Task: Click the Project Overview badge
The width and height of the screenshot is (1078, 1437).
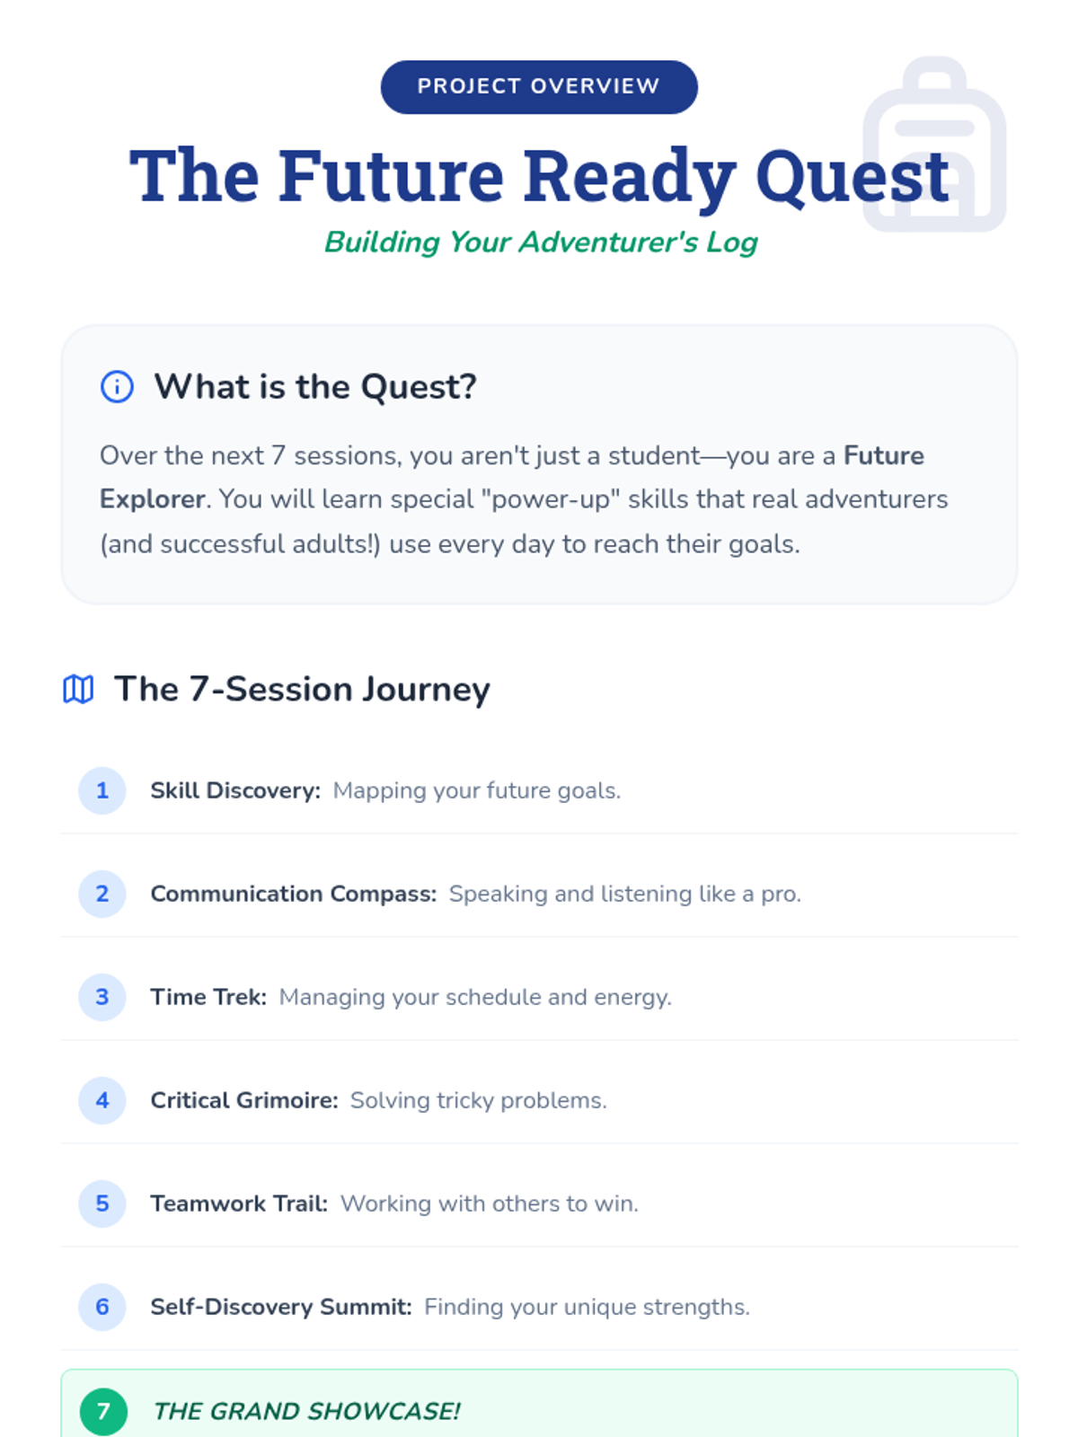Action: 539,87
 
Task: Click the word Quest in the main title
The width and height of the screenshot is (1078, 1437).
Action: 852,176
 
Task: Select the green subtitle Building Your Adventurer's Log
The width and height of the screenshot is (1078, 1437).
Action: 541,242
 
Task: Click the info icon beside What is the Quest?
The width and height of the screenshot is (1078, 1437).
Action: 117,386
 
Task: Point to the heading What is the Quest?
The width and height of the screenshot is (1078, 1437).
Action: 314,386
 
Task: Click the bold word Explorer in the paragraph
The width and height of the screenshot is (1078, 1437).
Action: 152,499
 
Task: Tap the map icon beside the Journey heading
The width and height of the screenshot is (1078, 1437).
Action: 78,690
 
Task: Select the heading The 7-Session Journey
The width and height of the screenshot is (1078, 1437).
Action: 302,690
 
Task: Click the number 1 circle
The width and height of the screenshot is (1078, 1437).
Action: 102,790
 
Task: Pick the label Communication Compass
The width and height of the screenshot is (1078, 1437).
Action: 293,894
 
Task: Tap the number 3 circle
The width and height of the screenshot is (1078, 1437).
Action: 102,997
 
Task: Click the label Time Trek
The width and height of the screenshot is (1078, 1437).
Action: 208,997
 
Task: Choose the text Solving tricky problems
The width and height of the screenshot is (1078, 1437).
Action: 479,1100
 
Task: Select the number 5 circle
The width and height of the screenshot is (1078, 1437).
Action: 102,1203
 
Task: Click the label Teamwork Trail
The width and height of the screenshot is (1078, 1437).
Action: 239,1204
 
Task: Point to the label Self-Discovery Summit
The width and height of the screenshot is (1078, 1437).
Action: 281,1307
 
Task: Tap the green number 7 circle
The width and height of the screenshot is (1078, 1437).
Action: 103,1412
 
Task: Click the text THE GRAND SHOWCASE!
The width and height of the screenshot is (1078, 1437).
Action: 306,1412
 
